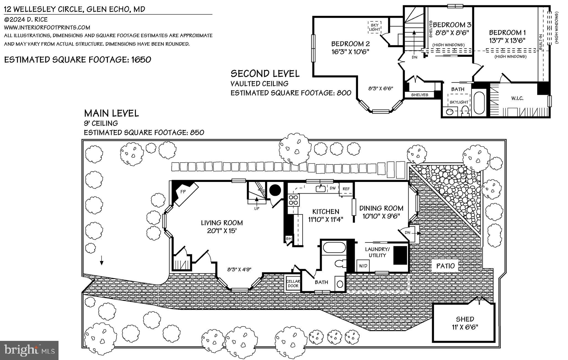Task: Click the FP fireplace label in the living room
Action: tap(183, 192)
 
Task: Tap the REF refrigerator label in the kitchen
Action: tap(346, 189)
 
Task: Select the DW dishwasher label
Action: tap(333, 188)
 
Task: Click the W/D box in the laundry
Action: tap(363, 266)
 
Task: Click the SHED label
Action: tap(465, 319)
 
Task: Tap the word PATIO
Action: tap(446, 266)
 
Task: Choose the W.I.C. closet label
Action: tap(517, 98)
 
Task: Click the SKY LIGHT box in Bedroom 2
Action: tap(374, 27)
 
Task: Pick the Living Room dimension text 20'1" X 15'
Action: tap(222, 230)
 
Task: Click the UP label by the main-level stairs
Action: tap(257, 208)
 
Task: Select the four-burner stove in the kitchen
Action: tap(294, 200)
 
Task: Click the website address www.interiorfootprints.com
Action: tap(47, 27)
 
